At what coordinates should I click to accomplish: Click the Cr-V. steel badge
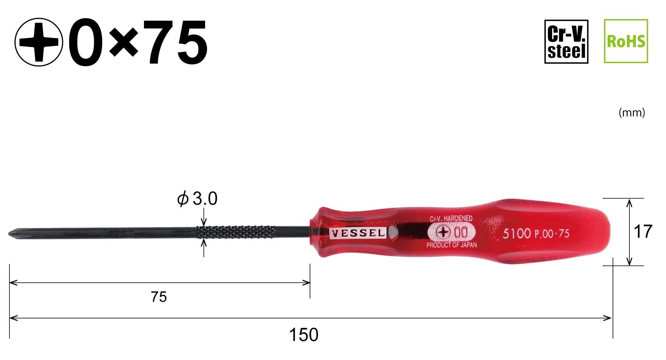566,42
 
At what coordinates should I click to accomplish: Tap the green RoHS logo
626,41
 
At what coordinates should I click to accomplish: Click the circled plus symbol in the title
39,42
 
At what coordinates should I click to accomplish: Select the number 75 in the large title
176,42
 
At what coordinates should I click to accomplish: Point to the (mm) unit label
632,113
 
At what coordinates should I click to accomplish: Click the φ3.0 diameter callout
197,199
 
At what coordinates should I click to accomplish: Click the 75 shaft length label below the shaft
159,297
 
